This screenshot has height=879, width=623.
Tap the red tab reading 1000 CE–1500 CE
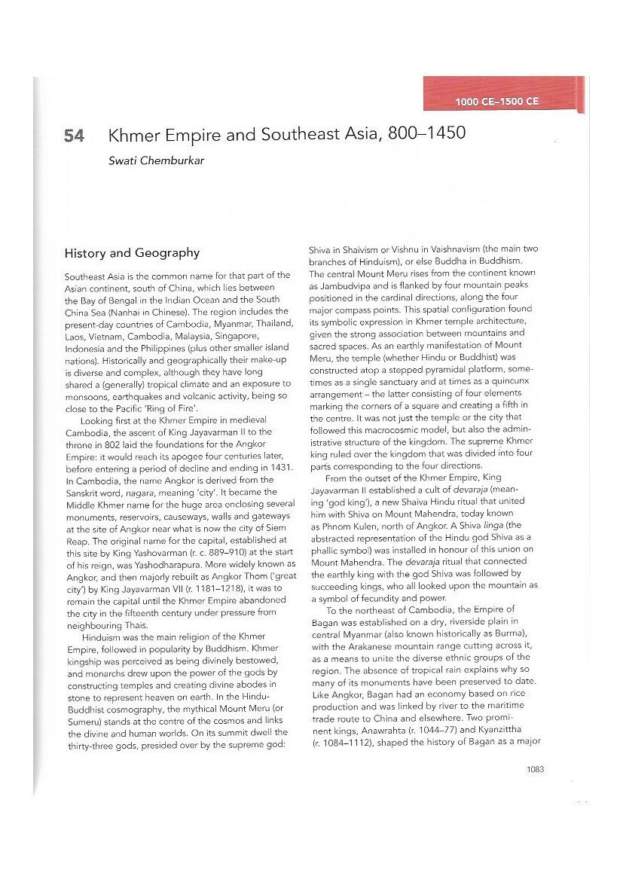(x=496, y=102)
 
